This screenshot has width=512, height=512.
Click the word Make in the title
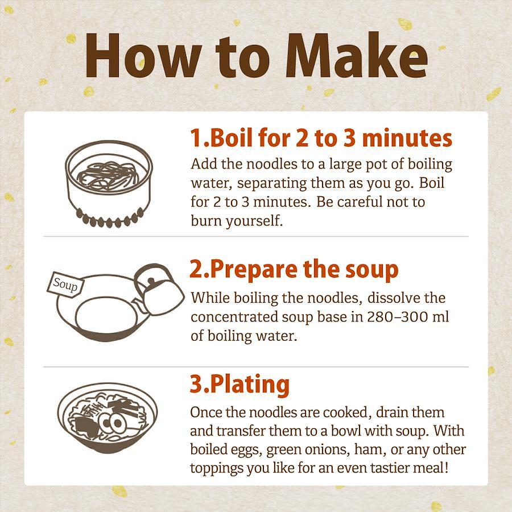coord(357,55)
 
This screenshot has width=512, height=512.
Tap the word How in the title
coord(143,56)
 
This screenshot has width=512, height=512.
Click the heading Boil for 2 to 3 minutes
coord(321,138)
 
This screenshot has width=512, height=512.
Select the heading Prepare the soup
coord(294,270)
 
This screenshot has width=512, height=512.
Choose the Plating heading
coord(240,385)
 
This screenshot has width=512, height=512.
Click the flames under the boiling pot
coord(110,218)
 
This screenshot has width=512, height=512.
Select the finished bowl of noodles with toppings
coord(108,418)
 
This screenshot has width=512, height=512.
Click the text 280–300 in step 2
coord(397,317)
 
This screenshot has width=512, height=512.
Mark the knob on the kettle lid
coord(151,281)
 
